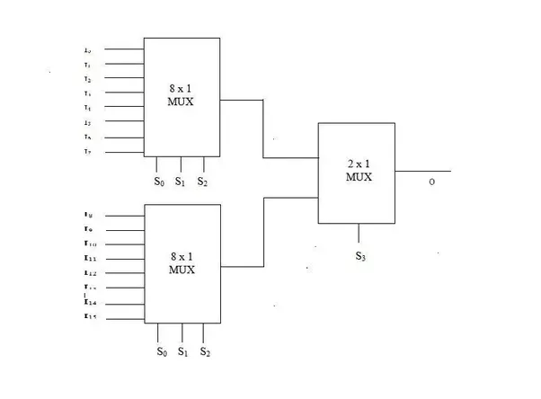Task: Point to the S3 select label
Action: [359, 257]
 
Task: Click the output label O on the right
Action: [431, 182]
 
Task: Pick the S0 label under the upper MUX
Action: [159, 182]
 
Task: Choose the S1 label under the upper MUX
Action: [181, 182]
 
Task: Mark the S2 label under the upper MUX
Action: [203, 182]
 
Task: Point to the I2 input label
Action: [87, 79]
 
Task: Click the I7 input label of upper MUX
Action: [87, 152]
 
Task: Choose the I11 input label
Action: [89, 258]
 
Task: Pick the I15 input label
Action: [89, 315]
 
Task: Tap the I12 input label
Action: [89, 272]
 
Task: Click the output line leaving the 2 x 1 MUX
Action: [422, 170]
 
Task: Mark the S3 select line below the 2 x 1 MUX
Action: [359, 234]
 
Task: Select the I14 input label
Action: [89, 302]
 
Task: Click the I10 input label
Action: [89, 244]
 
